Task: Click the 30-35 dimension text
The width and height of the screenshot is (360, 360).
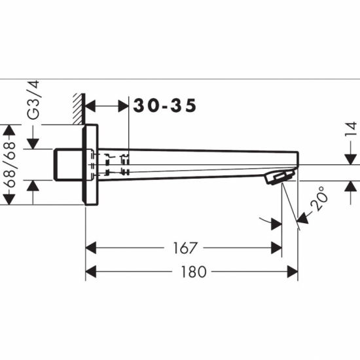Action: pyautogui.click(x=165, y=106)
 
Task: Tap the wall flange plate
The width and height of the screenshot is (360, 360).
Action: pyautogui.click(x=90, y=164)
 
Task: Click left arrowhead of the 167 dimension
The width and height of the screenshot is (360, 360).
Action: pyautogui.click(x=92, y=247)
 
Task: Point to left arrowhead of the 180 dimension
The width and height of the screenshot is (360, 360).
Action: pyautogui.click(x=92, y=270)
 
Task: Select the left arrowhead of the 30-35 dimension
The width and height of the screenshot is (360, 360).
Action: pyautogui.click(x=92, y=106)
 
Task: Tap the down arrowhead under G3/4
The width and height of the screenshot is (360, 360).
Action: pyautogui.click(x=31, y=143)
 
